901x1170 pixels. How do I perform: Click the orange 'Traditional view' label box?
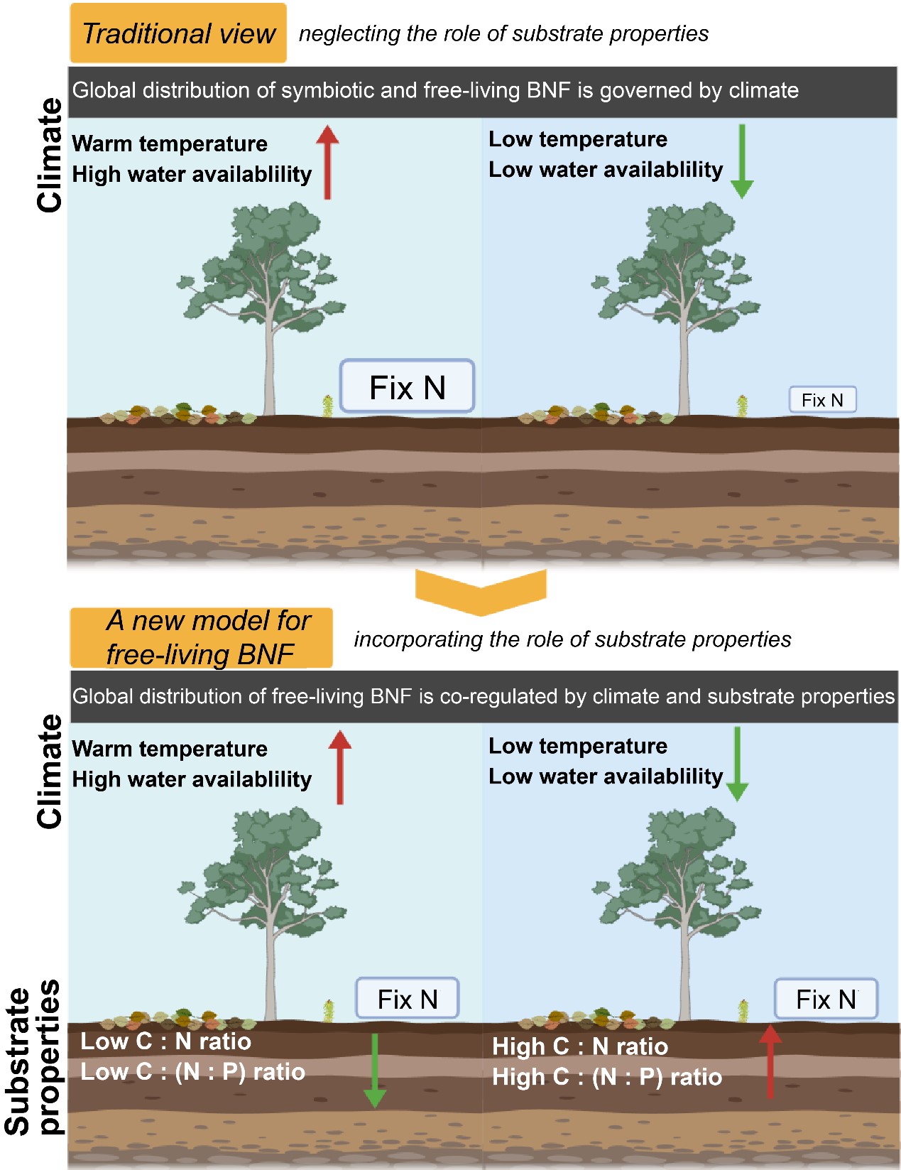click(178, 33)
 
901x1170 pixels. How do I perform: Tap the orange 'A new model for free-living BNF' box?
click(201, 637)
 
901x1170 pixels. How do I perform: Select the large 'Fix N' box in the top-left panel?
click(407, 387)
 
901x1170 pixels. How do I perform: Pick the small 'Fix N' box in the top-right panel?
click(822, 400)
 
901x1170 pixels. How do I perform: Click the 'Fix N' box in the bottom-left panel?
click(407, 999)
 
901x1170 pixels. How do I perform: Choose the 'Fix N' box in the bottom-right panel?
click(826, 999)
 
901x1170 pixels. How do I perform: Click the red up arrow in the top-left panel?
click(327, 162)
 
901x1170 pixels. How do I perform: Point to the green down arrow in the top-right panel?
click(741, 161)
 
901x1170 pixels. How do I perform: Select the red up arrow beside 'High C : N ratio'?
click(770, 1062)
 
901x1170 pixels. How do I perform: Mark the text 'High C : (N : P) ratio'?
click(607, 1077)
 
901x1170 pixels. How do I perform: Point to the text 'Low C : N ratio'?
click(165, 1041)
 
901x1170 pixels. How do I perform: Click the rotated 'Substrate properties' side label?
click(33, 1058)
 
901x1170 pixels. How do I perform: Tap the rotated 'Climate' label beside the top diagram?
click(50, 156)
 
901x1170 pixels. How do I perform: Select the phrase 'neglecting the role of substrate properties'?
click(503, 33)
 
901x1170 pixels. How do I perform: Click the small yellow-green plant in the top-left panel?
click(327, 406)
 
